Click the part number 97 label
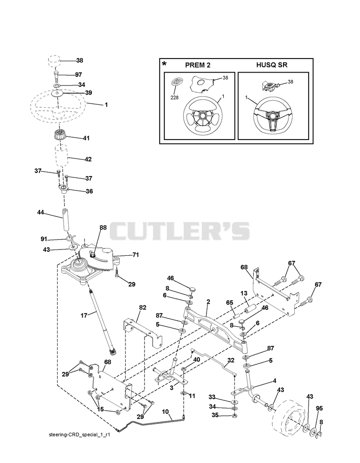[x=78, y=75]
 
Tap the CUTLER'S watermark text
[x=180, y=231]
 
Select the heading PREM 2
[x=198, y=65]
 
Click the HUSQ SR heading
[x=272, y=65]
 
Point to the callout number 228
[x=175, y=97]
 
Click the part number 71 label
[x=135, y=254]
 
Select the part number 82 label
[x=143, y=307]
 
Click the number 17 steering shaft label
[x=84, y=316]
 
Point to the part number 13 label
[x=244, y=293]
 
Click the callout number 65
[x=229, y=303]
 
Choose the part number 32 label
[x=231, y=360]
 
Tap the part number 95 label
[x=319, y=409]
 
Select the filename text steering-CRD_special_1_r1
[x=79, y=435]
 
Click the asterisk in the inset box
[x=164, y=64]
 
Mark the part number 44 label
[x=40, y=212]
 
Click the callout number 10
[x=165, y=411]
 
